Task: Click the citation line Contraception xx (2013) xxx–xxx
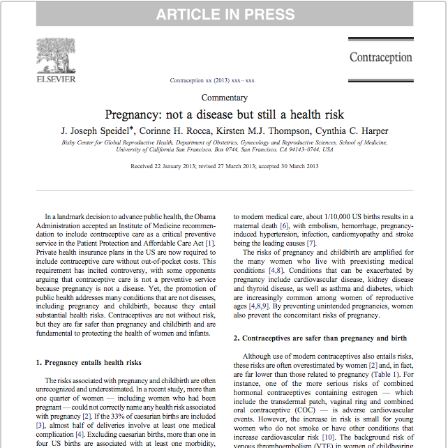[212, 81]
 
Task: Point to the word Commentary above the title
[224, 98]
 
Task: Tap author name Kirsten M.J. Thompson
[266, 130]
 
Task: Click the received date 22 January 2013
[171, 166]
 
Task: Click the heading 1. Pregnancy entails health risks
[89, 362]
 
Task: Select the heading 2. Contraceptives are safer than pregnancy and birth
[320, 338]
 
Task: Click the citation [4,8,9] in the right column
[259, 305]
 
